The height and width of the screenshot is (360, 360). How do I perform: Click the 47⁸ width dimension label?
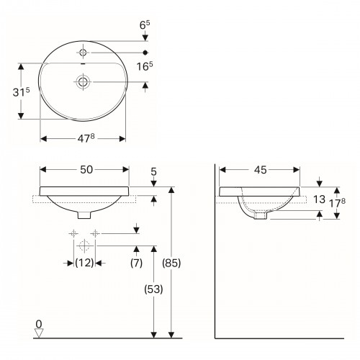[86, 138]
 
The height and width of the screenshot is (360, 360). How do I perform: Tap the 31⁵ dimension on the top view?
[22, 92]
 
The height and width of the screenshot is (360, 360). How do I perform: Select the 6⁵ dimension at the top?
[145, 25]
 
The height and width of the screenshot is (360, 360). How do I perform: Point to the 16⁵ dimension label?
[145, 66]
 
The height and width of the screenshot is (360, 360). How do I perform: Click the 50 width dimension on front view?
[86, 170]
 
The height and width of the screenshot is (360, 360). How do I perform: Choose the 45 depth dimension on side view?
[261, 170]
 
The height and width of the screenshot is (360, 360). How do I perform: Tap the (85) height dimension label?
[171, 263]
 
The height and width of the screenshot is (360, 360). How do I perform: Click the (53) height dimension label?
[153, 289]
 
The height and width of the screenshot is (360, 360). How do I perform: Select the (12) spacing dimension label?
[84, 263]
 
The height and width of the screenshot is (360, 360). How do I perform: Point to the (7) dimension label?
[136, 263]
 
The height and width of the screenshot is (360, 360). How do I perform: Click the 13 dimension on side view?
[319, 199]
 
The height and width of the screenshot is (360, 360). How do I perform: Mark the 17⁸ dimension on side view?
[337, 203]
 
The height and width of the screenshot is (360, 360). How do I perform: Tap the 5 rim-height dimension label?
[153, 172]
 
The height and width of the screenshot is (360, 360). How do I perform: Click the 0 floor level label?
[39, 324]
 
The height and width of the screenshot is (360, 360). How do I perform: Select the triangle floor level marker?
[39, 333]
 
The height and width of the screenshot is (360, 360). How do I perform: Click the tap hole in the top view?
[83, 52]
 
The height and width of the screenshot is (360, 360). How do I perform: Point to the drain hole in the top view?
[83, 81]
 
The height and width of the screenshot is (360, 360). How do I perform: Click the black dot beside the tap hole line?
[145, 53]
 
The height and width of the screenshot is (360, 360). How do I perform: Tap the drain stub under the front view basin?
[84, 215]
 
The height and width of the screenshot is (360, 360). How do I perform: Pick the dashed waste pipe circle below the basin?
[84, 246]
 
